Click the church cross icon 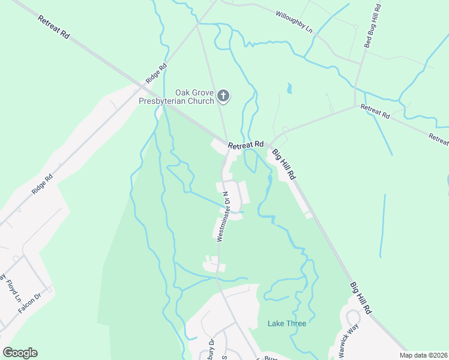pyautogui.click(x=223, y=95)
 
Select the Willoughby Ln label pyautogui.click(x=294, y=20)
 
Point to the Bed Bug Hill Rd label pyautogui.click(x=372, y=26)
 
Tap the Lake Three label pyautogui.click(x=286, y=323)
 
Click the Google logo pyautogui.click(x=20, y=352)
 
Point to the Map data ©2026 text pyautogui.click(x=423, y=355)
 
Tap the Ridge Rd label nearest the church pyautogui.click(x=155, y=74)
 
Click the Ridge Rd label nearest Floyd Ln pyautogui.click(x=43, y=184)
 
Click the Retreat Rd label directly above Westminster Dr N pyautogui.click(x=246, y=145)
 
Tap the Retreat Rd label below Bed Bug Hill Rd pyautogui.click(x=375, y=110)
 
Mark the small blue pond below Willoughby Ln pyautogui.click(x=289, y=89)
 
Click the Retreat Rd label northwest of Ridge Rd pyautogui.click(x=53, y=27)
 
